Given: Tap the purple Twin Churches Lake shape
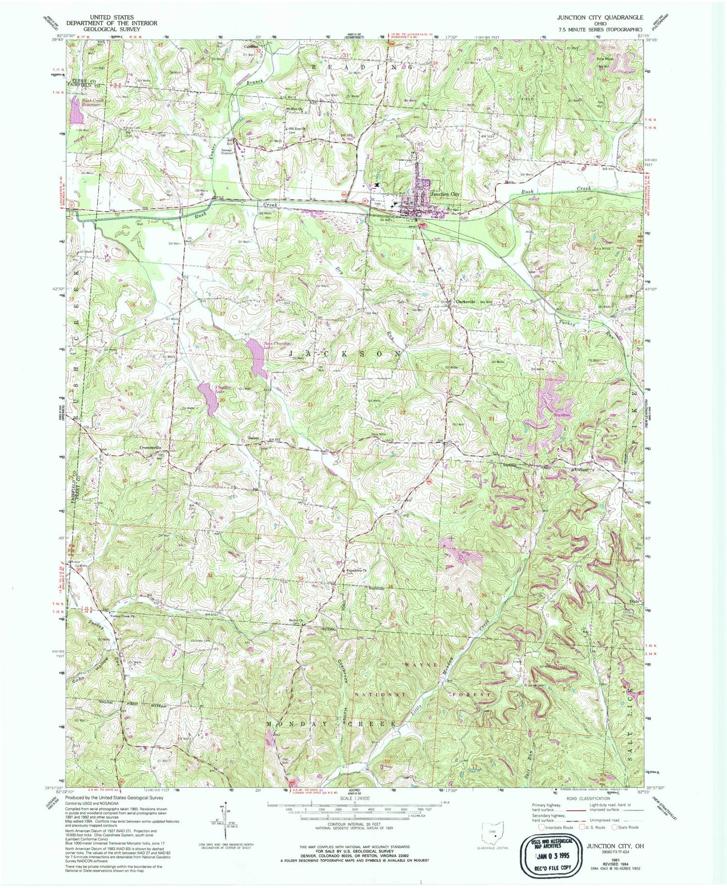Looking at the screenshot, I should [x=256, y=358].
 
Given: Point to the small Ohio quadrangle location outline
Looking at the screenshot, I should [x=493, y=833].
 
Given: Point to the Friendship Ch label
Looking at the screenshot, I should [x=358, y=570].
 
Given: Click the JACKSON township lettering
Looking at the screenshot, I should [x=345, y=355].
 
